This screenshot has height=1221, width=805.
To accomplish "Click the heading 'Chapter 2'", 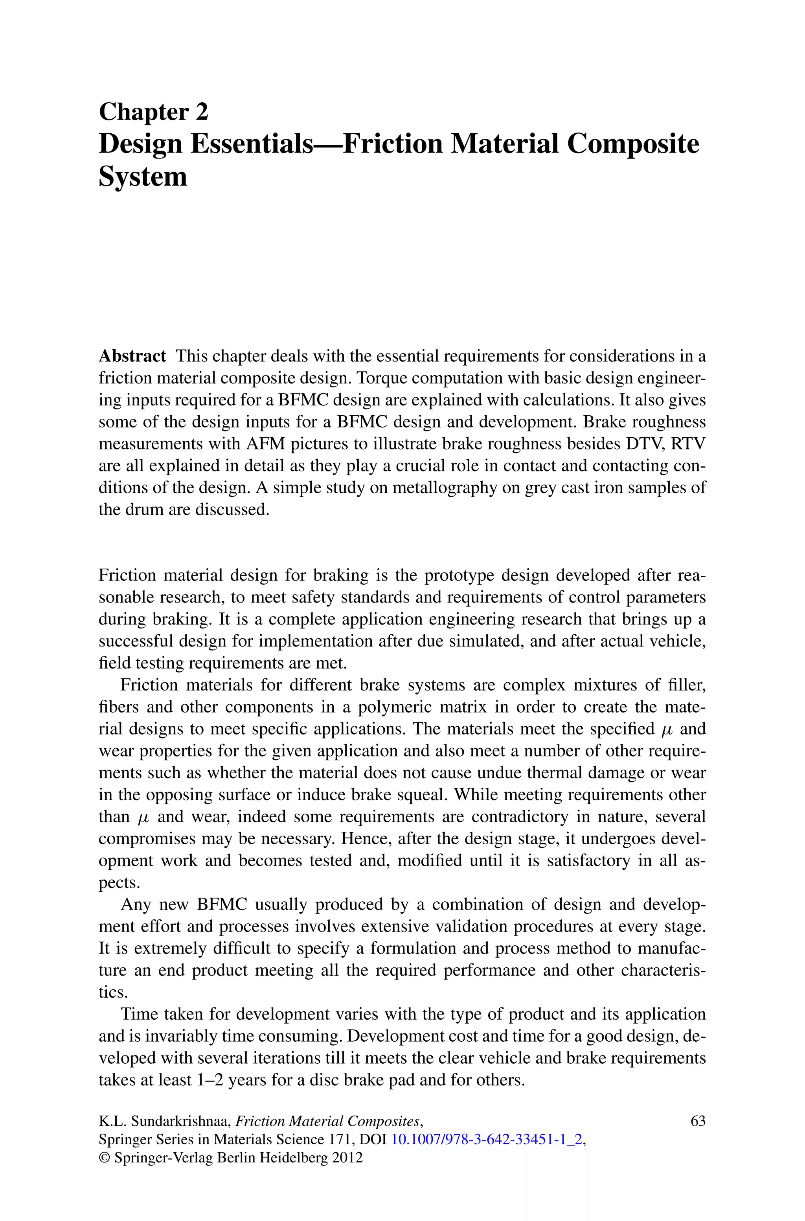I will click(154, 112).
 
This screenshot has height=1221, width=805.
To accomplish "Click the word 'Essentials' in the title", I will click(252, 144).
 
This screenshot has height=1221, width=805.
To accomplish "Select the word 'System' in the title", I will click(143, 177).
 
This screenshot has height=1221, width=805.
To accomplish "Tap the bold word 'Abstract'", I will click(132, 356).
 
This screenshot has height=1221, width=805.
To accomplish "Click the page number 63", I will click(698, 1121).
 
